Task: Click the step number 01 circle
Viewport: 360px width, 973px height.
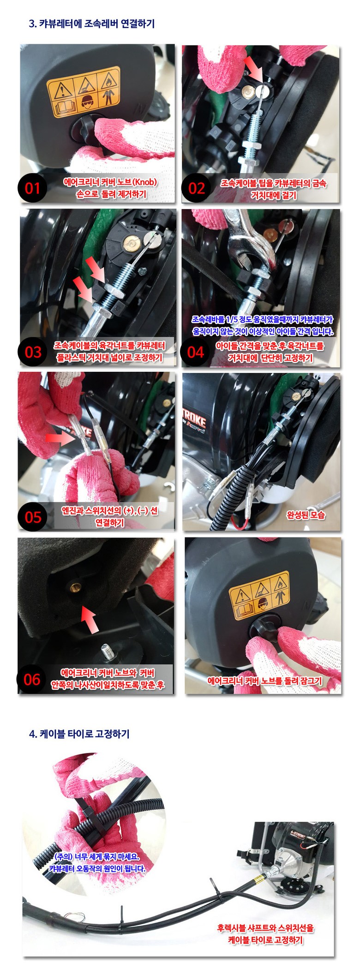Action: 32,188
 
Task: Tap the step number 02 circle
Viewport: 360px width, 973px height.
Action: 197,188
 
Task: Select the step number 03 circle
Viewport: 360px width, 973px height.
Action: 33,352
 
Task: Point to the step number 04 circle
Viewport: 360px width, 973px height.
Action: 196,352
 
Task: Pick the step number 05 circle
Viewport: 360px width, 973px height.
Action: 33,517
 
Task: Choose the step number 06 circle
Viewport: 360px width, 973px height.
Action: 32,679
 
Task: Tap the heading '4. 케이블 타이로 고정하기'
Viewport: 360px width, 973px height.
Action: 79,734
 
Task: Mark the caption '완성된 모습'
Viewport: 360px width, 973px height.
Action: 306,515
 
